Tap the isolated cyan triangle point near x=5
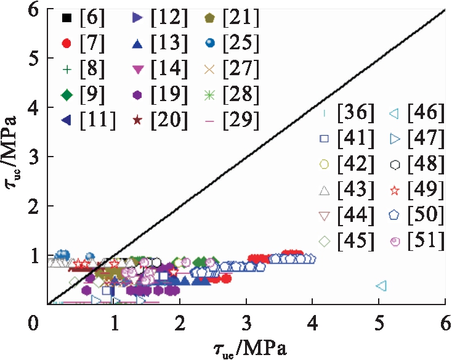(381, 286)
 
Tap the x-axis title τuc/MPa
(246, 349)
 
